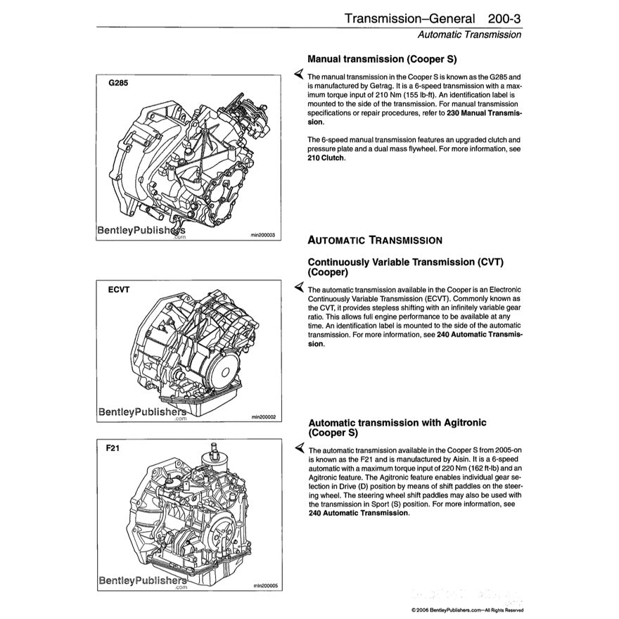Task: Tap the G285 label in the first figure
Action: pyautogui.click(x=118, y=82)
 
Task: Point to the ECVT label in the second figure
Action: pyautogui.click(x=118, y=289)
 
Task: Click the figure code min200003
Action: pyautogui.click(x=262, y=235)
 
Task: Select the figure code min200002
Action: pyautogui.click(x=262, y=416)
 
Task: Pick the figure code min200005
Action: pyautogui.click(x=262, y=585)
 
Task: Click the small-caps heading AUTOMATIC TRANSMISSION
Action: pyautogui.click(x=376, y=240)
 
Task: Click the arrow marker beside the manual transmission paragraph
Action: pyautogui.click(x=299, y=75)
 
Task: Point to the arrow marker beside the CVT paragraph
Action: pyautogui.click(x=299, y=288)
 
